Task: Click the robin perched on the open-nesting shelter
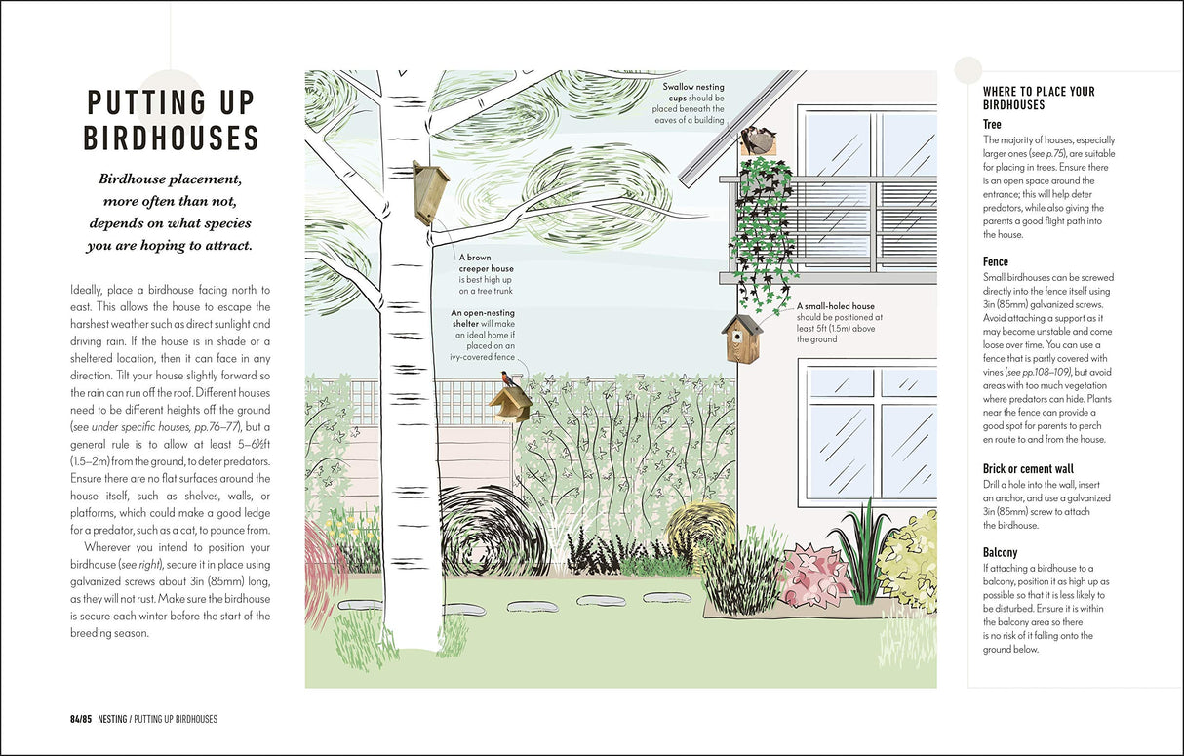click(x=506, y=379)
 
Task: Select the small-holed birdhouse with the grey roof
click(x=743, y=338)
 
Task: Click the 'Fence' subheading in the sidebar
click(x=995, y=261)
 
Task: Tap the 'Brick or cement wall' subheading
click(x=1027, y=468)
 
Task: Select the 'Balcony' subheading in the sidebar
click(x=1000, y=552)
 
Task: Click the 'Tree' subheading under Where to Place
click(x=992, y=124)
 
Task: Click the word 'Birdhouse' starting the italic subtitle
click(x=137, y=179)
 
